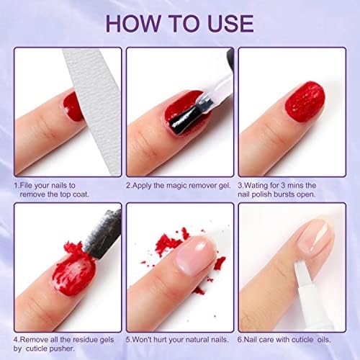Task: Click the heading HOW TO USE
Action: pyautogui.click(x=179, y=23)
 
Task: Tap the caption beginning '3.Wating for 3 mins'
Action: pyautogui.click(x=292, y=190)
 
